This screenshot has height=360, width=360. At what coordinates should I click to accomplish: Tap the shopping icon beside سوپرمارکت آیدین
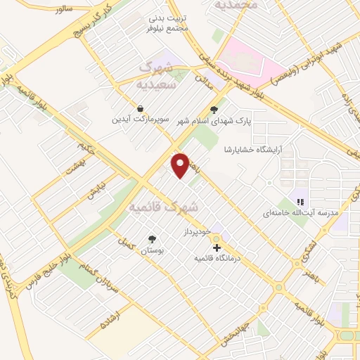coord(141,109)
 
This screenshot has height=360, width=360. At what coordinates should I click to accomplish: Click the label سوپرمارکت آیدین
coord(141,119)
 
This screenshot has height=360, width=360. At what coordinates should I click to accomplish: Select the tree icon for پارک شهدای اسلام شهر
coord(214,109)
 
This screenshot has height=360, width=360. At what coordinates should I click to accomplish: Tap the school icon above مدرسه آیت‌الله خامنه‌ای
coord(300,201)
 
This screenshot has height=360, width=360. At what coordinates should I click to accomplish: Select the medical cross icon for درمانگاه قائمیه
coord(217,247)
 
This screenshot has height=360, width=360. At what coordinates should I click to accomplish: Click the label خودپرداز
coord(197,231)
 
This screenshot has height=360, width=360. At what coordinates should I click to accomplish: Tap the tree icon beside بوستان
coord(151,239)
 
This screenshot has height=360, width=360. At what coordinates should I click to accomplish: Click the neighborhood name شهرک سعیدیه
coord(155,74)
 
